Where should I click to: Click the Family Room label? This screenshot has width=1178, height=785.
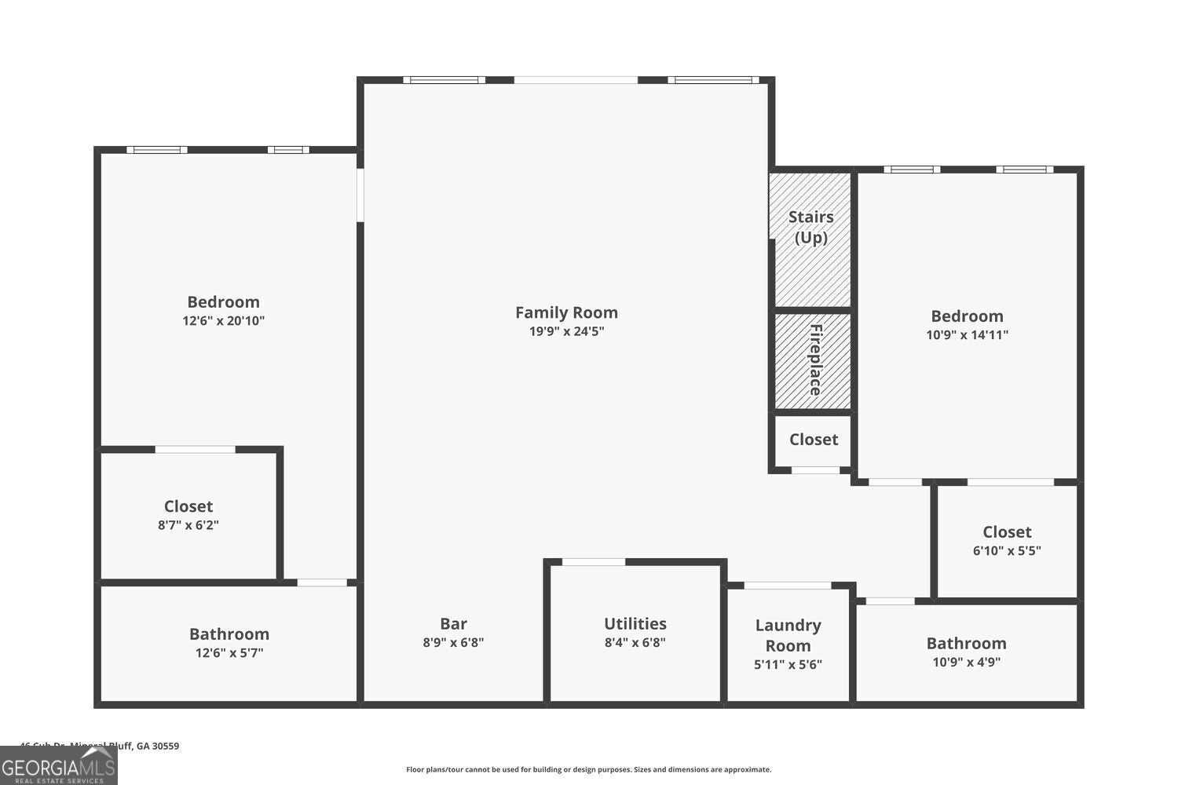566,312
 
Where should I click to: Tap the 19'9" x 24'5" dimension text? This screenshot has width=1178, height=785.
566,331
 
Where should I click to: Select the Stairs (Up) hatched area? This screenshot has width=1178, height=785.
811,239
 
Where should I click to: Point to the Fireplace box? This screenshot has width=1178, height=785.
813,360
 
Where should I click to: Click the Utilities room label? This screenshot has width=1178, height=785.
635,623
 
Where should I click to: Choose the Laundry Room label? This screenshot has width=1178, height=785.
788,635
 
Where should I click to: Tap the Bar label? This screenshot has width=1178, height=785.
453,623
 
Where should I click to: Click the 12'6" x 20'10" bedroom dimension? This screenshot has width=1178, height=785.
223,321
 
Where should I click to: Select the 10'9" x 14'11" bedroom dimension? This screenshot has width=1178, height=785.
967,335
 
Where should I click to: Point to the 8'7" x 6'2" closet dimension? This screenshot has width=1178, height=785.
188,525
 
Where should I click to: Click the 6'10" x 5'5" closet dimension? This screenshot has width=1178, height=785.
1007,551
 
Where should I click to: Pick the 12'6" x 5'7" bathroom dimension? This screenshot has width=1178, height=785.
229,653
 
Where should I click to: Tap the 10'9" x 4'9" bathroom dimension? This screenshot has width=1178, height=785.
966,663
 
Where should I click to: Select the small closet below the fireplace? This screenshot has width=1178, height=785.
813,440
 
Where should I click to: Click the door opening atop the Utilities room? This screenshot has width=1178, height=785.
594,562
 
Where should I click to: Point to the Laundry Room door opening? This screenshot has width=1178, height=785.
787,586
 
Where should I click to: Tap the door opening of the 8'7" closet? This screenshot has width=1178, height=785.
195,450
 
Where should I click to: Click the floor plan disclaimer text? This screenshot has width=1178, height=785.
588,770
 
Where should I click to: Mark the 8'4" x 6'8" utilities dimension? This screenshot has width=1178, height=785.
635,642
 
